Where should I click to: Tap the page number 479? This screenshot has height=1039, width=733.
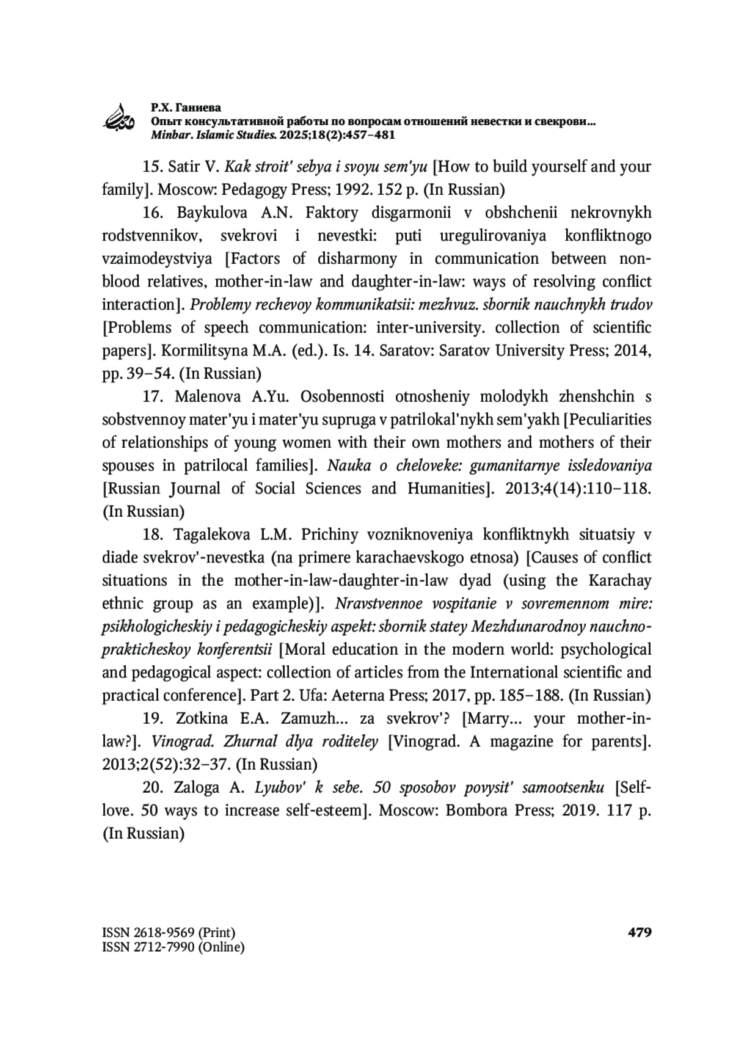click(640, 932)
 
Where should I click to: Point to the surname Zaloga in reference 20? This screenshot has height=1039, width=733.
click(197, 788)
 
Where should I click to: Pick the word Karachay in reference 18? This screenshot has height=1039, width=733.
click(620, 581)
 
